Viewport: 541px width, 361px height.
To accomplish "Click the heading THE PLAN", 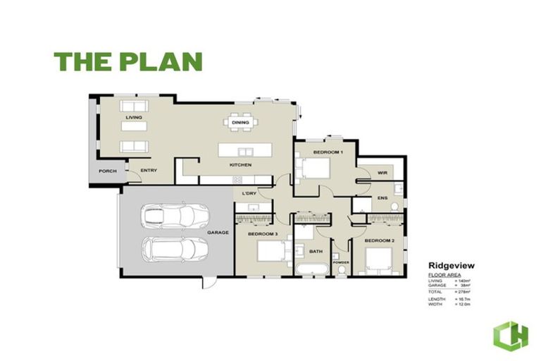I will pos(128,62).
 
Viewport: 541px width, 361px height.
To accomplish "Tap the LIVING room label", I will pos(134,117).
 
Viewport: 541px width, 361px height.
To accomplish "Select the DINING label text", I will pos(240,123).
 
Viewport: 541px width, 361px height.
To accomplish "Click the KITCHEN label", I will pos(240,165).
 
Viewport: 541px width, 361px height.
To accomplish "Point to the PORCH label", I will pos(107,171).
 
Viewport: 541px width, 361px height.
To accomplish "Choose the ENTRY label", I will pos(148,171).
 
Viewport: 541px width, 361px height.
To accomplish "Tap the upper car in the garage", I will pos(175,215).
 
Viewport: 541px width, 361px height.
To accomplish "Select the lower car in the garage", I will pos(175,248).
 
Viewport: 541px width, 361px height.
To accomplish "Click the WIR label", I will pos(383,172).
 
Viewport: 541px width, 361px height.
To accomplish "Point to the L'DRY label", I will pos(248,193).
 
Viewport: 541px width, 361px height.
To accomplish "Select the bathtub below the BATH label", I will pos(311,269).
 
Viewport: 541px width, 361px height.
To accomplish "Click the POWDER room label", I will pos(341,262).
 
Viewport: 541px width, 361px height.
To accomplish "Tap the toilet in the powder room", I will pos(342,270).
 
